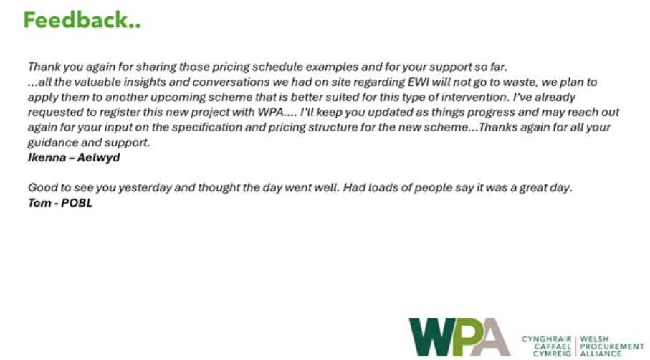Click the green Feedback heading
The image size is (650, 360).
coord(82,20)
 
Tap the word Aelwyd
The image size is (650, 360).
coord(99,158)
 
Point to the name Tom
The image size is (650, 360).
coord(40,203)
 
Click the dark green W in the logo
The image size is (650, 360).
coord(432,337)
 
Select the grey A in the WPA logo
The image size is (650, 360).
coord(492,337)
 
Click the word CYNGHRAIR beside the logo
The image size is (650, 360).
coord(547,339)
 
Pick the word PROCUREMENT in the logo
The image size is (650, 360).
coord(612,346)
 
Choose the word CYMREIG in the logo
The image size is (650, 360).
coord(552,354)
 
